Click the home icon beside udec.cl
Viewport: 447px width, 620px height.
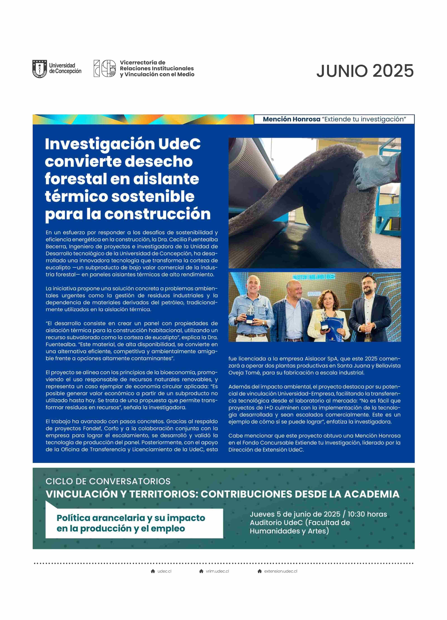click(153, 571)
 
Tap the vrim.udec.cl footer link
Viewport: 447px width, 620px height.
click(217, 571)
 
